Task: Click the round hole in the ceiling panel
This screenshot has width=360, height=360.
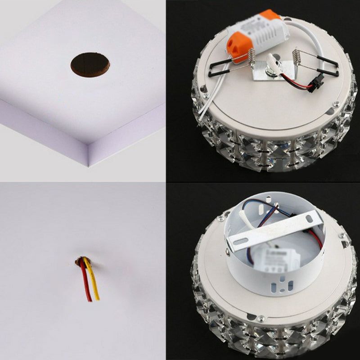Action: pyautogui.click(x=90, y=64)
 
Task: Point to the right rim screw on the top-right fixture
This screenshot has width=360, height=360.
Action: pyautogui.click(x=335, y=104)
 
